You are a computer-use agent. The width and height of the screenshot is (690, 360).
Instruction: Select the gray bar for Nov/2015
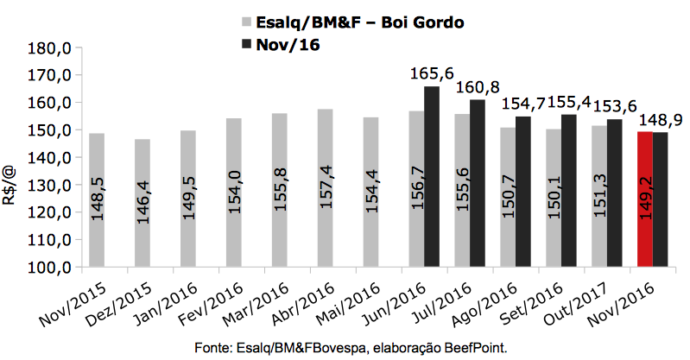click(x=97, y=200)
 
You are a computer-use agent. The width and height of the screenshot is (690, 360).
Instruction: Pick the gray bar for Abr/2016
click(x=325, y=187)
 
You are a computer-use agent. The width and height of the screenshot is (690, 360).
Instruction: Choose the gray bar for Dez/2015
click(x=142, y=203)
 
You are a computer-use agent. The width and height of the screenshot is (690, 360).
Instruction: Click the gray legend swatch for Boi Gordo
click(x=246, y=23)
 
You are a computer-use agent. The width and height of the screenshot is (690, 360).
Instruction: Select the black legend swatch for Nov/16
click(x=246, y=47)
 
